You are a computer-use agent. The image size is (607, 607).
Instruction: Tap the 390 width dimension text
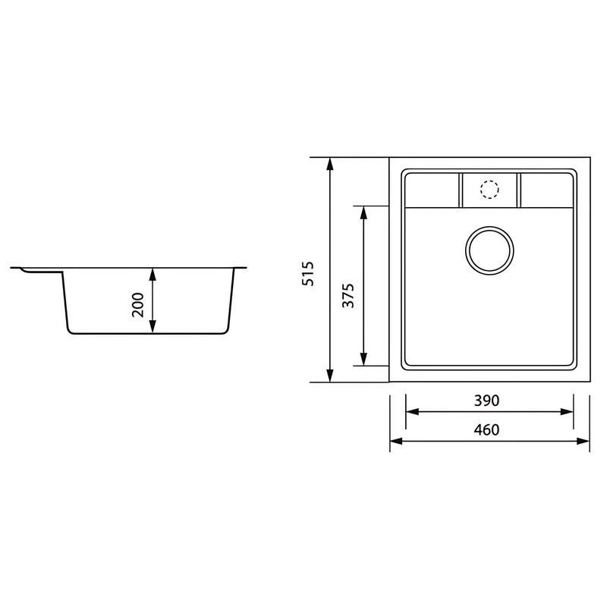486,400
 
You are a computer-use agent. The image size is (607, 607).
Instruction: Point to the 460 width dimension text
486,430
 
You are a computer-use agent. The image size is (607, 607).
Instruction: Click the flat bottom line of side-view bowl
148,333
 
